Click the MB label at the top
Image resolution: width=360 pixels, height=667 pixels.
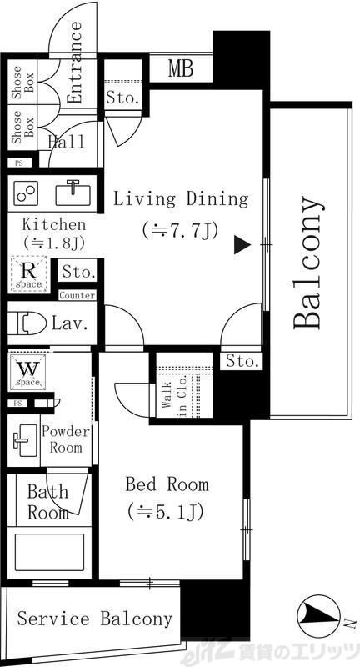pyautogui.click(x=181, y=68)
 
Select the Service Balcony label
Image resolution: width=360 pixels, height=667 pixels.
pyautogui.click(x=95, y=619)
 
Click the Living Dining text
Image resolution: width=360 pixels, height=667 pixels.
pyautogui.click(x=181, y=199)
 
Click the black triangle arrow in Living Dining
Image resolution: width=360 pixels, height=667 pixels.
pyautogui.click(x=241, y=244)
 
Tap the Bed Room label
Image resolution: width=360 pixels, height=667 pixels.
pyautogui.click(x=167, y=484)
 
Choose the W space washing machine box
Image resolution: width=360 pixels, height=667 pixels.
pyautogui.click(x=27, y=371)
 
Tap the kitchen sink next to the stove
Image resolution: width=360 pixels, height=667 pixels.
pyautogui.click(x=72, y=193)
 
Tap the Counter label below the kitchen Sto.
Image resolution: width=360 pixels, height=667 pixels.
pyautogui.click(x=77, y=295)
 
